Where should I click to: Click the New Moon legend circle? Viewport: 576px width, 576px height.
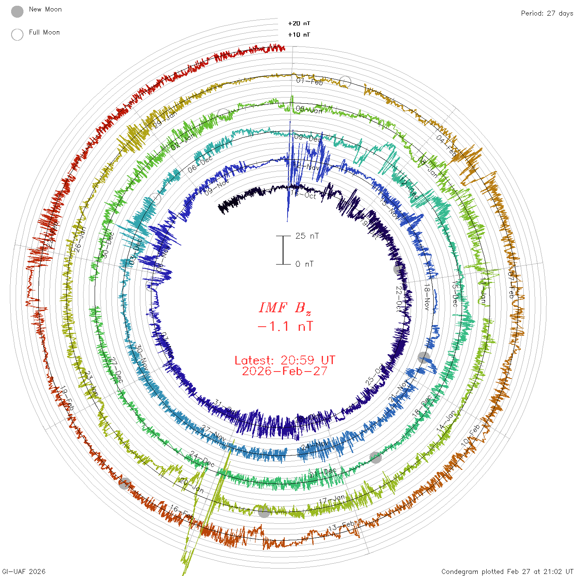17,12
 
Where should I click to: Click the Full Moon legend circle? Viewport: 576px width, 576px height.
17,35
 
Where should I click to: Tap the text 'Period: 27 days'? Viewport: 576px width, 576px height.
547,13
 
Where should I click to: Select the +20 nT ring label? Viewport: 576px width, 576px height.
299,23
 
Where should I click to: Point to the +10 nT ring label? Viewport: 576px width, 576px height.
299,35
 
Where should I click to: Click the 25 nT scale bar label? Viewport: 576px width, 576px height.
307,236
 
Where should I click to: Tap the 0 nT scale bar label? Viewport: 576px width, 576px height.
304,264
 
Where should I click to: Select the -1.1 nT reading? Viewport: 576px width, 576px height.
285,326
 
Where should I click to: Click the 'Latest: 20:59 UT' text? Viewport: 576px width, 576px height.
285,360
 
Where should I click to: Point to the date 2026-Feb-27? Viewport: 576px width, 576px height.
285,371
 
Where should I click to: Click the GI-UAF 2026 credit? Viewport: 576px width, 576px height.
24,571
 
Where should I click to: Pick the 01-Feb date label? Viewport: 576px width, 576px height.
309,81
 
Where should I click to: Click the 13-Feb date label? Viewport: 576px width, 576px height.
341,527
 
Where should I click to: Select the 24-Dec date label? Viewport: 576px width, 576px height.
202,459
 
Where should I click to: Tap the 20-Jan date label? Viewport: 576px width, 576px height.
192,485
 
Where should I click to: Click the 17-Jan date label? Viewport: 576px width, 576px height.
332,500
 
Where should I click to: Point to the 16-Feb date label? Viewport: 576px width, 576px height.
182,513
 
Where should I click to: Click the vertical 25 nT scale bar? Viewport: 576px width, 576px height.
283,250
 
